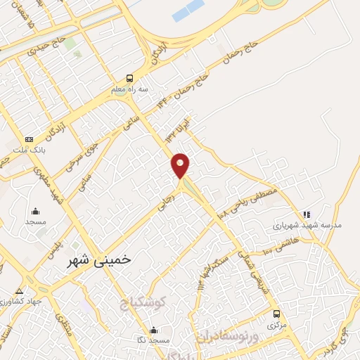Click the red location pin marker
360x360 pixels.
(x=181, y=166)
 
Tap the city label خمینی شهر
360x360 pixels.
(x=98, y=260)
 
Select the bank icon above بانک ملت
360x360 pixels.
(x=29, y=140)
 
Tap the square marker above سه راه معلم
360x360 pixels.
(x=128, y=79)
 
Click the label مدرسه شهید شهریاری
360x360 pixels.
(x=307, y=226)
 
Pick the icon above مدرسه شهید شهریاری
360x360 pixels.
(x=306, y=214)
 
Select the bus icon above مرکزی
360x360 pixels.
(x=276, y=314)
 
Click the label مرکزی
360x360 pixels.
(x=276, y=326)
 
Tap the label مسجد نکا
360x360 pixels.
(x=155, y=340)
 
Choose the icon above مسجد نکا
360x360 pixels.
(x=153, y=330)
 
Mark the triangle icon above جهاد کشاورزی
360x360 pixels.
(x=19, y=290)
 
